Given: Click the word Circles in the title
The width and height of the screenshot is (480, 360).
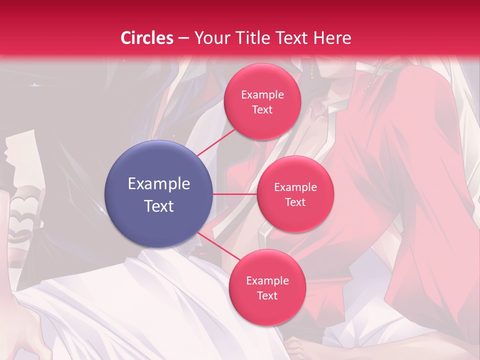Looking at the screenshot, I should (146, 38).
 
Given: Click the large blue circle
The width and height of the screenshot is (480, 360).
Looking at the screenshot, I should (158, 194).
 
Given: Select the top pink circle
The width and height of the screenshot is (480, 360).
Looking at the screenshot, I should (262, 101).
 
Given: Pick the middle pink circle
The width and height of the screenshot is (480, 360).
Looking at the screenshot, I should (295, 194).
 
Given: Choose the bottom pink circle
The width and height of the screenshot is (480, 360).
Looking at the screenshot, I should (267, 287).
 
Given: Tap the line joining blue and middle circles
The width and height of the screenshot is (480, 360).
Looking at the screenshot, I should (234, 194).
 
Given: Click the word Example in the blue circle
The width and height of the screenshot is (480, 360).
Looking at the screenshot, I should (159, 184).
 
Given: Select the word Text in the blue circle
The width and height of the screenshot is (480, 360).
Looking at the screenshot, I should (159, 206).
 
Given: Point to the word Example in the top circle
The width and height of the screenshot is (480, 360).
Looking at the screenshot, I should (262, 94).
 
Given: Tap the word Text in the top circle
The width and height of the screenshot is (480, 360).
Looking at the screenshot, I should (262, 109).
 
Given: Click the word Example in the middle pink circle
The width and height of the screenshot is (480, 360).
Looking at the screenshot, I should (295, 187).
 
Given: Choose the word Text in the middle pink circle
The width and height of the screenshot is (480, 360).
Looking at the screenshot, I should (295, 202).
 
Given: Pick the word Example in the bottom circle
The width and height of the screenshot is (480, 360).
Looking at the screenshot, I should (267, 280).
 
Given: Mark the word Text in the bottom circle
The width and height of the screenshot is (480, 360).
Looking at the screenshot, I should (267, 295).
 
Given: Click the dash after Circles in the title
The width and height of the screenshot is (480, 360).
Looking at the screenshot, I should (183, 38).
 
